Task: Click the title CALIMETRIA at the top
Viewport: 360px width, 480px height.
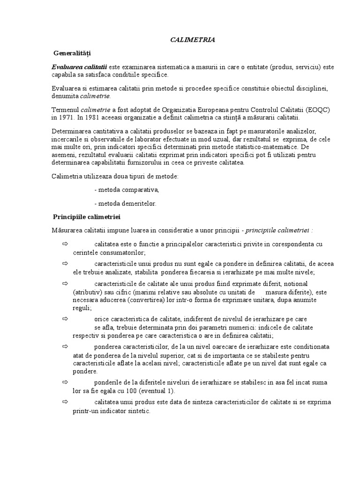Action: click(x=192, y=40)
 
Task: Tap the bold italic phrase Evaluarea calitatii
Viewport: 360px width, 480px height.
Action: click(x=79, y=67)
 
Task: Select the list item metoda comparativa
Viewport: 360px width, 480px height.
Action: click(x=127, y=190)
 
